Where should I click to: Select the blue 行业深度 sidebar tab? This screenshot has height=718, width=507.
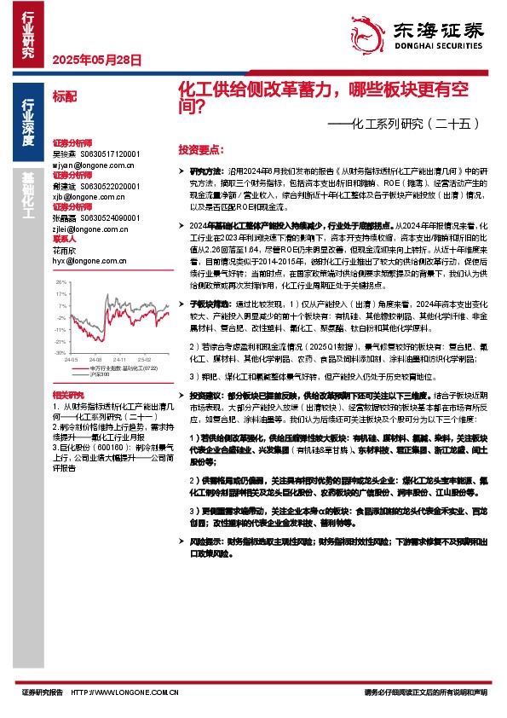coord(29,123)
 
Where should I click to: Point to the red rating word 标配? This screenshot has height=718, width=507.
coord(64,96)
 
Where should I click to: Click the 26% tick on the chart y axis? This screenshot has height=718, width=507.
coord(60,281)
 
